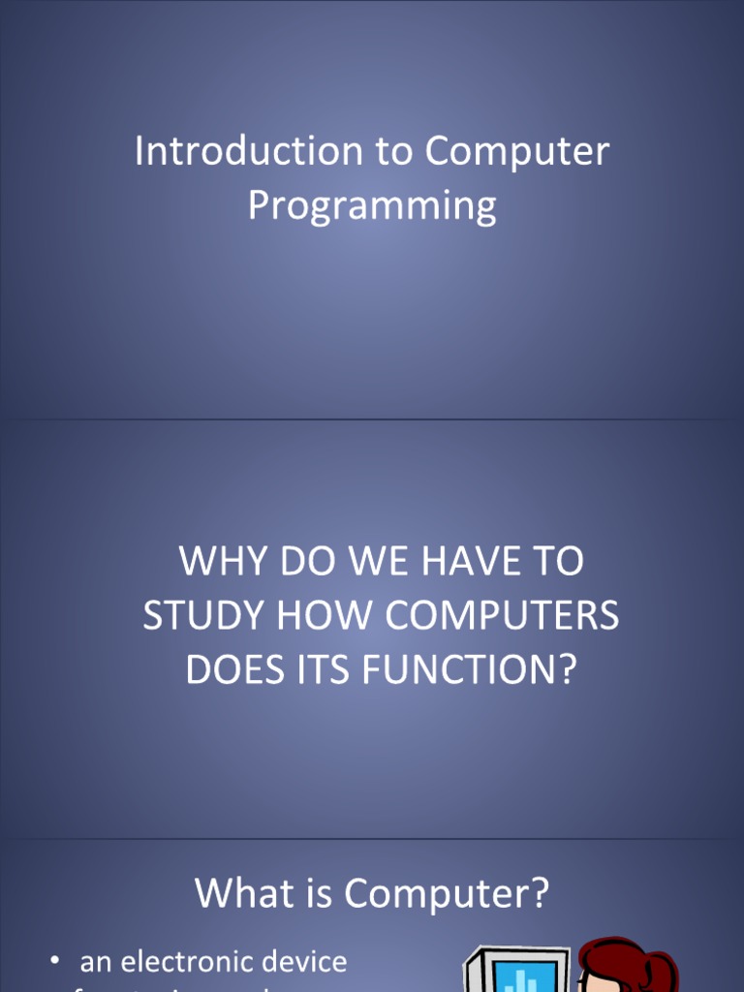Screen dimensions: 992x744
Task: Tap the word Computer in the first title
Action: tap(516, 151)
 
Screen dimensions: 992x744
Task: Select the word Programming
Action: tap(372, 205)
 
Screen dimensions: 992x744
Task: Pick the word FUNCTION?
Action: tap(470, 670)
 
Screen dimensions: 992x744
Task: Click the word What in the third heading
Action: tap(236, 892)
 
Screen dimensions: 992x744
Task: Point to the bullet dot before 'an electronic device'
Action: tap(55, 961)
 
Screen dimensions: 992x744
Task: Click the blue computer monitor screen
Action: tap(524, 976)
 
